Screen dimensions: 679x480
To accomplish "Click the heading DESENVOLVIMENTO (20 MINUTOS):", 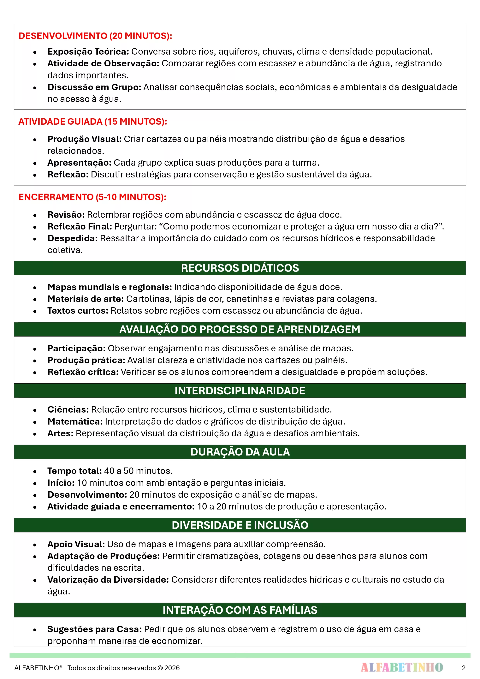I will (x=95, y=36).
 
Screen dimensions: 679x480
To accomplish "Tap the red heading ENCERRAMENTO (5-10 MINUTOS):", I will (x=92, y=197).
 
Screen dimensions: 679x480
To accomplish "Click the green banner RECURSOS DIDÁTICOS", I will (x=240, y=268).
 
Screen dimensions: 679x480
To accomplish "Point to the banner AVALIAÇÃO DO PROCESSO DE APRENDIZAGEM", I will (x=240, y=330).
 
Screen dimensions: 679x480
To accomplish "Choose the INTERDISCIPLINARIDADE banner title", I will (x=240, y=391).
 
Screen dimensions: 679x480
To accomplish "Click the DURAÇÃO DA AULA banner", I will (x=240, y=452).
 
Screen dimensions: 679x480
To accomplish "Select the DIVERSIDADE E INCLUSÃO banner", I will (x=240, y=525).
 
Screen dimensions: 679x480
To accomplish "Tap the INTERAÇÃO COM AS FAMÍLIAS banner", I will (x=240, y=610).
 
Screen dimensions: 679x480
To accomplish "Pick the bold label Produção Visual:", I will (x=85, y=139).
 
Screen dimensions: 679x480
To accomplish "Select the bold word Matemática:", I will (x=75, y=421).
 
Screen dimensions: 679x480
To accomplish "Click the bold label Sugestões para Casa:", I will (x=95, y=629).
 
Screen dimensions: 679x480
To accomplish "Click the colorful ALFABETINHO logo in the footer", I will (x=402, y=667).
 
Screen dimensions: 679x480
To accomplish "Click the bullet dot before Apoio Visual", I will (x=35, y=545).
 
